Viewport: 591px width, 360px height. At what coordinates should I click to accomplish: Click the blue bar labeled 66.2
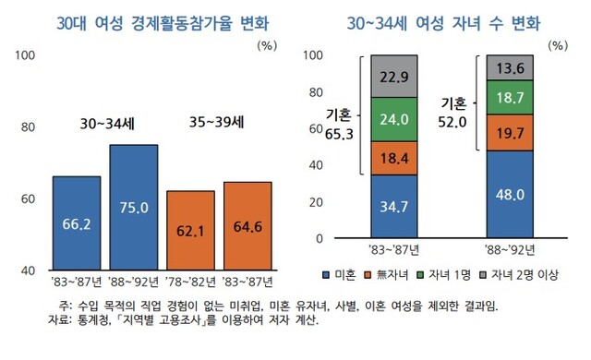click(x=77, y=223)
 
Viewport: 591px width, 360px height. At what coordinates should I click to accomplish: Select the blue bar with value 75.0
click(x=134, y=207)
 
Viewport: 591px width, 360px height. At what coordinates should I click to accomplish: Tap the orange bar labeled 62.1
click(x=191, y=230)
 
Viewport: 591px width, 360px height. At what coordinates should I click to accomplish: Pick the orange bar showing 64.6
click(x=247, y=226)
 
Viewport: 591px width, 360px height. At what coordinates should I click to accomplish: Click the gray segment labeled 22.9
click(x=394, y=77)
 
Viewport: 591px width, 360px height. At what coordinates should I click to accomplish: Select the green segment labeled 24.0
click(x=394, y=120)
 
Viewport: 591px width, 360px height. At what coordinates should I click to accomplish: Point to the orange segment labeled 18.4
click(x=394, y=159)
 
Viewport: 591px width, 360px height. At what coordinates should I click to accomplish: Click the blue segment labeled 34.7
click(x=394, y=207)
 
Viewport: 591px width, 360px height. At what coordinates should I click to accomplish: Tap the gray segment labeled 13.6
click(x=510, y=67)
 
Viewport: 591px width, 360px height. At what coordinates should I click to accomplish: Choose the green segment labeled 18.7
click(x=510, y=98)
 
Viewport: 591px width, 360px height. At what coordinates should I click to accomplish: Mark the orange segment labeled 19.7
click(x=510, y=133)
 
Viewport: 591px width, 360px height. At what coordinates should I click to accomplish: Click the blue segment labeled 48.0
click(x=510, y=195)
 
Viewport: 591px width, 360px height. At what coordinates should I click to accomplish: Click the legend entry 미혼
click(x=339, y=275)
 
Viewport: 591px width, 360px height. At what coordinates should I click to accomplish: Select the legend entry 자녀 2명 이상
click(x=518, y=275)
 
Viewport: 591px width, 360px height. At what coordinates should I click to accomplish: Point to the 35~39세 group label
click(x=217, y=122)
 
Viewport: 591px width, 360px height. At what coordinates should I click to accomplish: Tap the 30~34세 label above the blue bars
click(x=107, y=124)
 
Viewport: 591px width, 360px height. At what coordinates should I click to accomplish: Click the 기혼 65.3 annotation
click(x=339, y=124)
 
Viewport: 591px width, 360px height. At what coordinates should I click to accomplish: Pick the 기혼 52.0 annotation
click(x=452, y=113)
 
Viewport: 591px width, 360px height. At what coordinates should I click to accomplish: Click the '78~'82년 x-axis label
click(x=191, y=282)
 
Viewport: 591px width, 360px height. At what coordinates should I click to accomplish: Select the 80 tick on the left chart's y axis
click(x=28, y=127)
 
